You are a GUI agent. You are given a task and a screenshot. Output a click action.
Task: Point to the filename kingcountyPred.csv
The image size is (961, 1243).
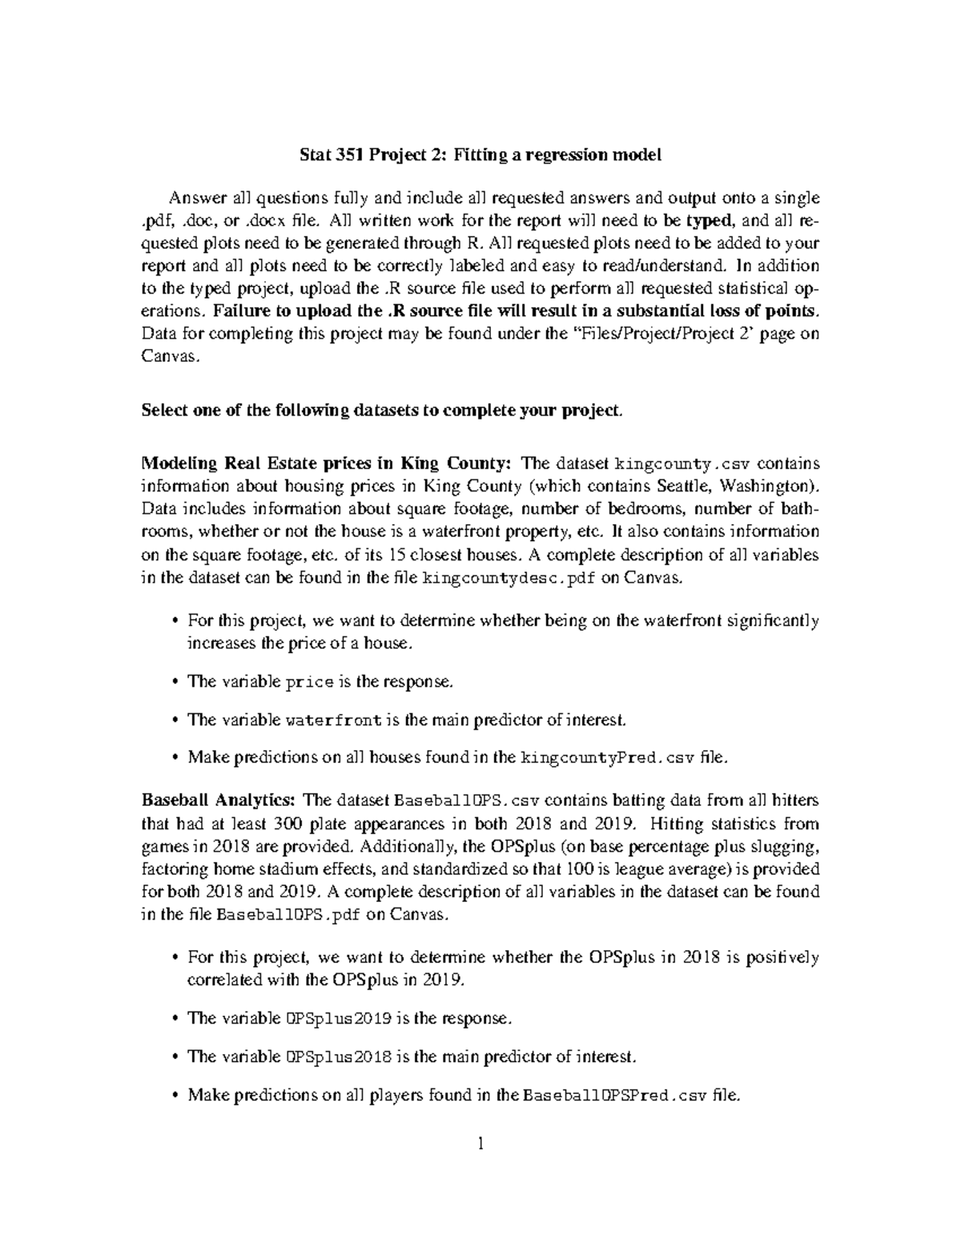click(x=609, y=757)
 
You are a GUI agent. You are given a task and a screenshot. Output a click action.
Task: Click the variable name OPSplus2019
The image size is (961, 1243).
click(x=339, y=1019)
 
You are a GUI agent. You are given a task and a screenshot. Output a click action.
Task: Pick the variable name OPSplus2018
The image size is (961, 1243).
click(x=339, y=1057)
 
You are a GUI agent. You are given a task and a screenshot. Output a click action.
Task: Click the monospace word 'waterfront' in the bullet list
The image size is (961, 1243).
click(x=333, y=720)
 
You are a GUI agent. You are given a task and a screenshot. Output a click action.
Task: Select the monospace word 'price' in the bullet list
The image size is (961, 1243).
click(x=309, y=682)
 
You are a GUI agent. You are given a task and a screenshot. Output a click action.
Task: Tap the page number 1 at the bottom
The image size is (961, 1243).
click(x=480, y=1143)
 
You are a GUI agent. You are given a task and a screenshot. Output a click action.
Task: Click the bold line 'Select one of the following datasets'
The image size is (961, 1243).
click(x=381, y=411)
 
